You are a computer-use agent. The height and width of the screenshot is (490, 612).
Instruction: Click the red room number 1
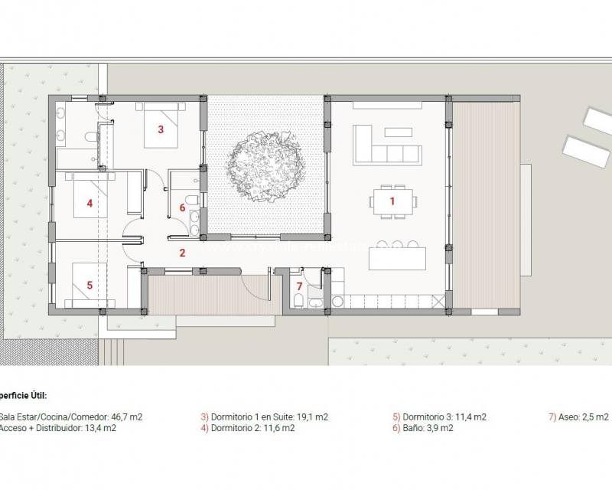(x=392, y=201)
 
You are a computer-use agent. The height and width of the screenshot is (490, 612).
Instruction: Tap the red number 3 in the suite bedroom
(x=161, y=129)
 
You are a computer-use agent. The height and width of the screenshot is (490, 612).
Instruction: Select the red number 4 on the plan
(x=90, y=204)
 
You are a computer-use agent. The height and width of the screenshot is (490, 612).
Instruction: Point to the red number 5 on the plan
(x=90, y=285)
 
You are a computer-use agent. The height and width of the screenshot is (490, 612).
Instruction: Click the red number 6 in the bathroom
(x=182, y=207)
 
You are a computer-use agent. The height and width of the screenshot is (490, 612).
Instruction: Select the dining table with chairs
(x=393, y=202)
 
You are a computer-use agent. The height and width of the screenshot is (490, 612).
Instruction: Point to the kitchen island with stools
(x=396, y=258)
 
